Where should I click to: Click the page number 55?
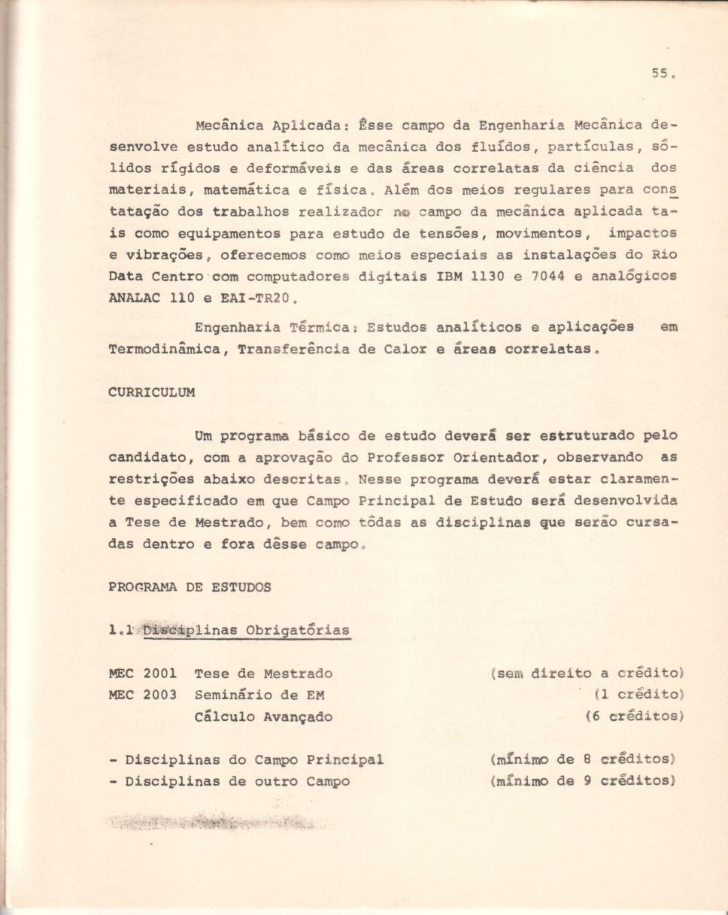(659, 74)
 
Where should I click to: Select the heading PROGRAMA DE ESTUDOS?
(190, 587)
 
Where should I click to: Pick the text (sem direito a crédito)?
(586, 674)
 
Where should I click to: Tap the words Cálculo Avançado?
(262, 717)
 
